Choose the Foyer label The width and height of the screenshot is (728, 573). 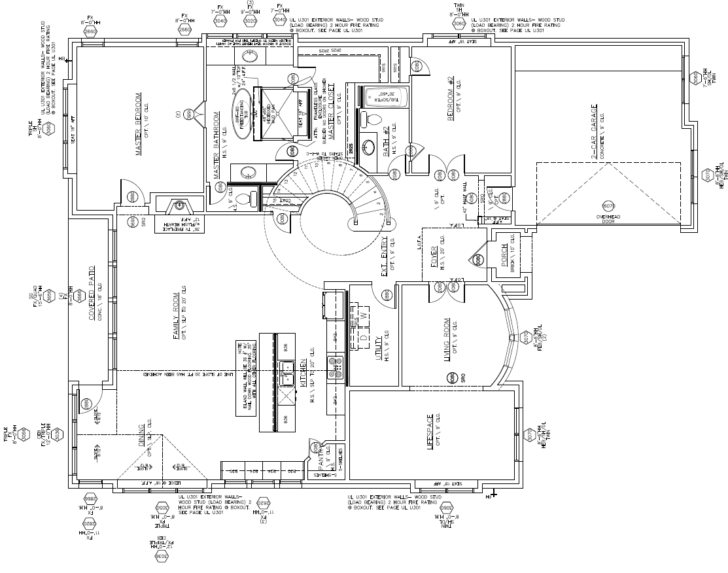pos(433,257)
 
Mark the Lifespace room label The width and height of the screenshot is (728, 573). pos(430,432)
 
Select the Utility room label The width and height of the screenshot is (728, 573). pos(379,349)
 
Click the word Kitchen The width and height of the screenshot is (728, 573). pos(303,373)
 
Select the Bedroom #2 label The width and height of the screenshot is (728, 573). pos(450,97)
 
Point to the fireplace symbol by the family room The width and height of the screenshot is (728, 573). pos(177,207)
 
